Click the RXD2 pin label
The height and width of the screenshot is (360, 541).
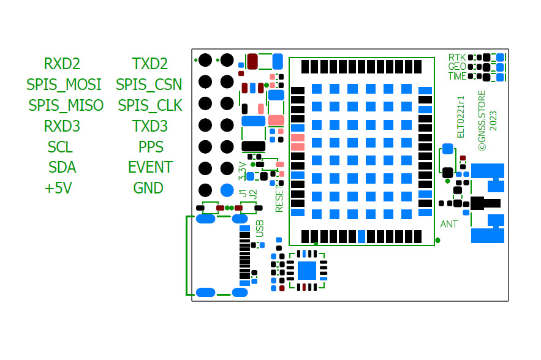62,64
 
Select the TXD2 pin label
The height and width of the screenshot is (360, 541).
149,64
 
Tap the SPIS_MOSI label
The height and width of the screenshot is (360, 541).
64,84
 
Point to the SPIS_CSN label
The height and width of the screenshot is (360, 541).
149,84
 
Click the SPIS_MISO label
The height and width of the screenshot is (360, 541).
66,105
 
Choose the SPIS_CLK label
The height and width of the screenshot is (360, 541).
149,105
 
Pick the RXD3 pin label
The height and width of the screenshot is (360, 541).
62,126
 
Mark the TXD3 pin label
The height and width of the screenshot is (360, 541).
149,126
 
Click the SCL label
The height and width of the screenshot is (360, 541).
60,147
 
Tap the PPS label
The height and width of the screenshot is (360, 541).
151,147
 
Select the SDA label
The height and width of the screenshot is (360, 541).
62,167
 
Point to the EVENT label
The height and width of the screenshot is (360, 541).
150,167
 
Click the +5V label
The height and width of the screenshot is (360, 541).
58,188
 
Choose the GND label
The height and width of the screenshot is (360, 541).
148,188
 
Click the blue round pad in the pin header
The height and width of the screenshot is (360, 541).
227,190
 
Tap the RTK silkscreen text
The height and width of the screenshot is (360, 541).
457,57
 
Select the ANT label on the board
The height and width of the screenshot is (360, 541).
449,225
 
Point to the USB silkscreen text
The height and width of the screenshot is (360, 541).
260,228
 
